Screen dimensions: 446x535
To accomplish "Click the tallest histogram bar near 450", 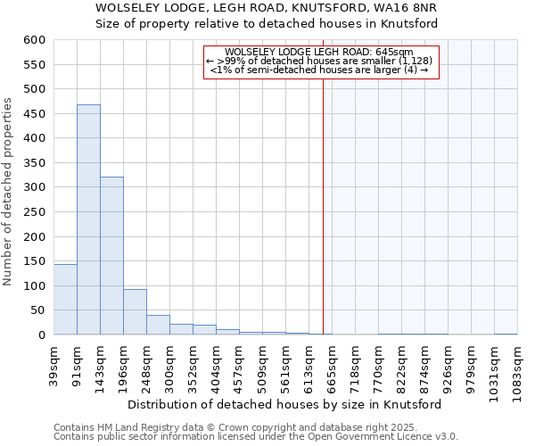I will tap(88, 219).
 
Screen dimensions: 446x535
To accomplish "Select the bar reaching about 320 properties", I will tap(111, 256).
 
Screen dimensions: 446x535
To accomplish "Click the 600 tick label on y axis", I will tap(34, 40).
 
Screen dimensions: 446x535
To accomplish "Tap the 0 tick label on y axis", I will tap(41, 335).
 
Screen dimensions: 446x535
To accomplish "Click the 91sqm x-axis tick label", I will tap(78, 363).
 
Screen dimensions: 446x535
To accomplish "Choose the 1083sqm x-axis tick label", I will tap(518, 366).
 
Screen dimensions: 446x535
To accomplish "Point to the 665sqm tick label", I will tap(333, 365).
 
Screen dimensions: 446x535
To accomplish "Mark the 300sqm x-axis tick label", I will tap(170, 365).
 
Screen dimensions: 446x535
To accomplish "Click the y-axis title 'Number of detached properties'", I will tap(9, 192).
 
